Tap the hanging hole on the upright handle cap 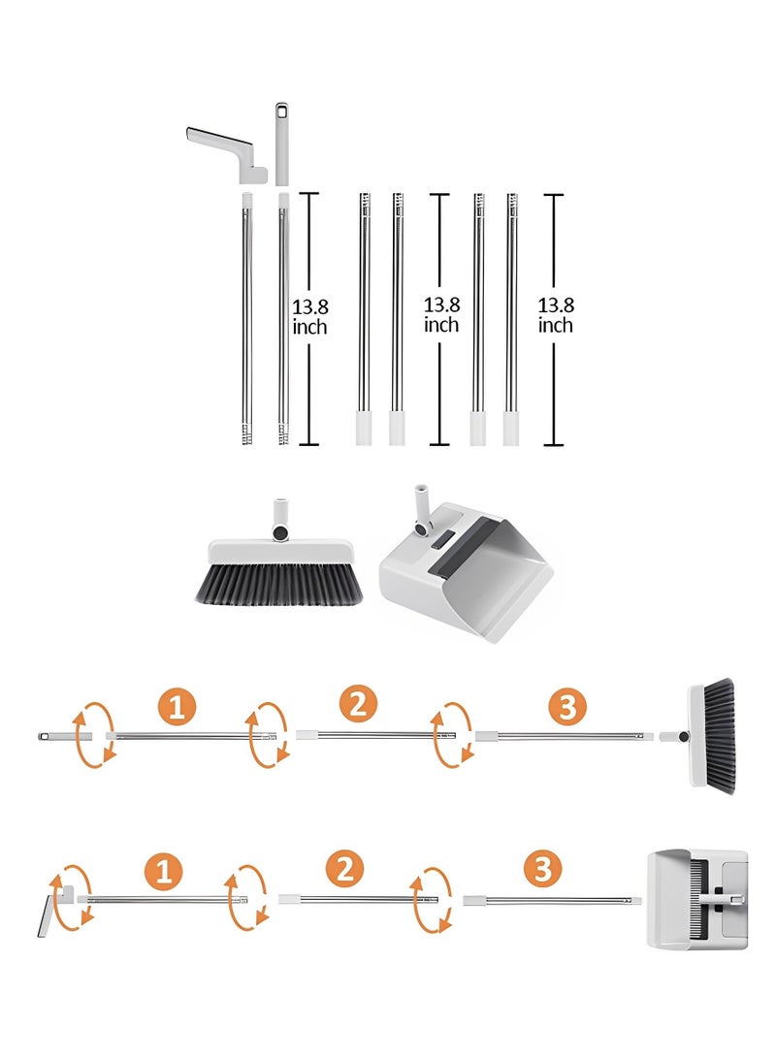[281, 110]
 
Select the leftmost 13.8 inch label [309, 317]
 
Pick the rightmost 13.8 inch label [556, 315]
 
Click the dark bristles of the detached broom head [278, 585]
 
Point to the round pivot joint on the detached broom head [279, 532]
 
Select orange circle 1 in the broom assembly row [177, 707]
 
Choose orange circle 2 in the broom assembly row [358, 704]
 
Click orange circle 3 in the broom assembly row [567, 706]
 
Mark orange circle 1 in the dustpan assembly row [164, 871]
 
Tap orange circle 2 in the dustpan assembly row [344, 868]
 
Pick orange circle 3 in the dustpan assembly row [543, 868]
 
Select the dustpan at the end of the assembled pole [697, 899]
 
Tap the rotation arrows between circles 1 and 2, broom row [268, 735]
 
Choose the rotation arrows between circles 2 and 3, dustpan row [432, 900]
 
